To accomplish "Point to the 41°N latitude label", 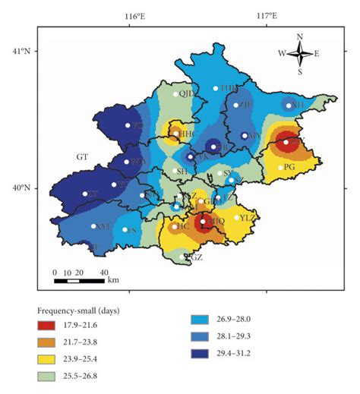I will point(20,52).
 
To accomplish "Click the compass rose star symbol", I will point(300,53).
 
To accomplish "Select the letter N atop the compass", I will point(300,36).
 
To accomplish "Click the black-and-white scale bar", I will point(79,281).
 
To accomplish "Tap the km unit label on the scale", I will point(113,280).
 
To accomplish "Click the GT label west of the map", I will point(83,156).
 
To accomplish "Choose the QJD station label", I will point(187,94).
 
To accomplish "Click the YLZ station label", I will point(249,218).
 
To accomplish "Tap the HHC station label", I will point(187,133).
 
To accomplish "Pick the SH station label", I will point(182,172).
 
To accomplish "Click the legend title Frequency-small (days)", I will point(79,311).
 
